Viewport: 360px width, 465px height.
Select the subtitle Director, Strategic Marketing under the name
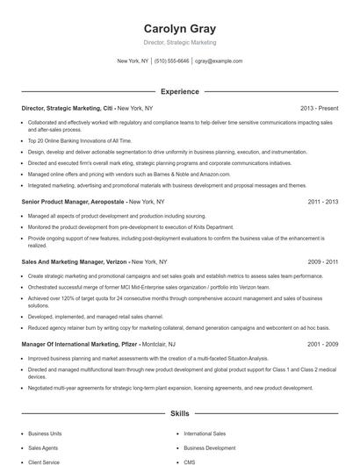pos(179,42)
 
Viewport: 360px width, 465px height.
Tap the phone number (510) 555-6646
pos(171,61)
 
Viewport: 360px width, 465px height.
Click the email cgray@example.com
pos(219,61)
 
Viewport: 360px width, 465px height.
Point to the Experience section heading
pos(179,91)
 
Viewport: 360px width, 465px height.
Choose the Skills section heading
pos(179,412)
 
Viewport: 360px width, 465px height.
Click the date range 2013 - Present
pos(319,108)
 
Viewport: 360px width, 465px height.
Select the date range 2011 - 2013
pos(322,201)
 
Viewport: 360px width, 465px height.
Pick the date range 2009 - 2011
pos(322,261)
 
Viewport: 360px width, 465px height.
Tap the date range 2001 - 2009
pos(322,345)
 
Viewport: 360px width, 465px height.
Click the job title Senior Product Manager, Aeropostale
pos(73,201)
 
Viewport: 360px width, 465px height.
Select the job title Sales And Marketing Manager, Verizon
pos(76,261)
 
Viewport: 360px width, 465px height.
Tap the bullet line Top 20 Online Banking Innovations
pos(68,140)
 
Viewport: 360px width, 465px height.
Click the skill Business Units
pos(45,433)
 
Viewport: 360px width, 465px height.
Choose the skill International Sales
pos(205,433)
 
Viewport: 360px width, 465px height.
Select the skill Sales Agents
pos(43,447)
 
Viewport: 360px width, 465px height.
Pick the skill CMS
pos(190,461)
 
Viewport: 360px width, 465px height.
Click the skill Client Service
pos(44,461)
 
